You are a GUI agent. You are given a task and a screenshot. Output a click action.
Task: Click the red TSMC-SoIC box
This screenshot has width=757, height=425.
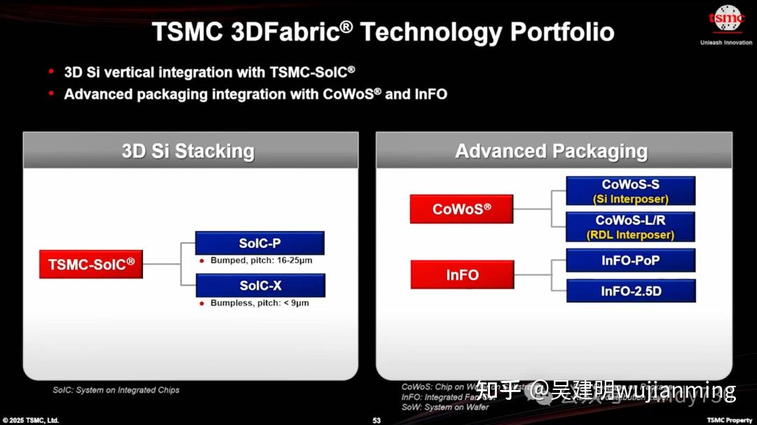(x=91, y=265)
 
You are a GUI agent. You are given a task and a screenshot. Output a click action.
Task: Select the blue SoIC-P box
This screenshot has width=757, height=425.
(x=259, y=243)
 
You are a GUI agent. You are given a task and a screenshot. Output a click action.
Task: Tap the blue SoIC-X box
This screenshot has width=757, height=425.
(x=260, y=285)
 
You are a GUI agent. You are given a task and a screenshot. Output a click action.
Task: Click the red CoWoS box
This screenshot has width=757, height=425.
(x=461, y=209)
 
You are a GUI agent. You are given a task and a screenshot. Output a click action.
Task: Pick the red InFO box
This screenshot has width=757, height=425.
(x=462, y=274)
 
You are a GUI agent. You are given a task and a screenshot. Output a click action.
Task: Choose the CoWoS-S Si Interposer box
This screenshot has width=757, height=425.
(x=630, y=191)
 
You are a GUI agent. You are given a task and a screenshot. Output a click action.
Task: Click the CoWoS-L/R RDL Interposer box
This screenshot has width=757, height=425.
(x=630, y=227)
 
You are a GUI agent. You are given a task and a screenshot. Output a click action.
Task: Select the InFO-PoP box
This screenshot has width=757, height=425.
(x=630, y=260)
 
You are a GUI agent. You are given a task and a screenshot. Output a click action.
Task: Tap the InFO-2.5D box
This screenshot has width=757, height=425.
(x=630, y=291)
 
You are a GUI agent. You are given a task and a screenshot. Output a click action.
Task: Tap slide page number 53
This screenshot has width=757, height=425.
(x=376, y=420)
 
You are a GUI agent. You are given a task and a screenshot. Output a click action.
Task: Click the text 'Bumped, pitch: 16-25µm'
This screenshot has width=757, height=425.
(x=261, y=260)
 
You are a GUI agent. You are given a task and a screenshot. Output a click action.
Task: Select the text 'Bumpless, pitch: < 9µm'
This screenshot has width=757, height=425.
(x=259, y=303)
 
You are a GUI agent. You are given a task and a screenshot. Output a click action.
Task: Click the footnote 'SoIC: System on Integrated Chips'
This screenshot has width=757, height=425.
(x=116, y=390)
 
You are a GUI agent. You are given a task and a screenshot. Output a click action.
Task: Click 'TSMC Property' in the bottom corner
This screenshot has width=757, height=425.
(x=729, y=420)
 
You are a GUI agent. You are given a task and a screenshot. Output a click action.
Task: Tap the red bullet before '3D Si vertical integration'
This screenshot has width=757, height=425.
(x=51, y=72)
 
